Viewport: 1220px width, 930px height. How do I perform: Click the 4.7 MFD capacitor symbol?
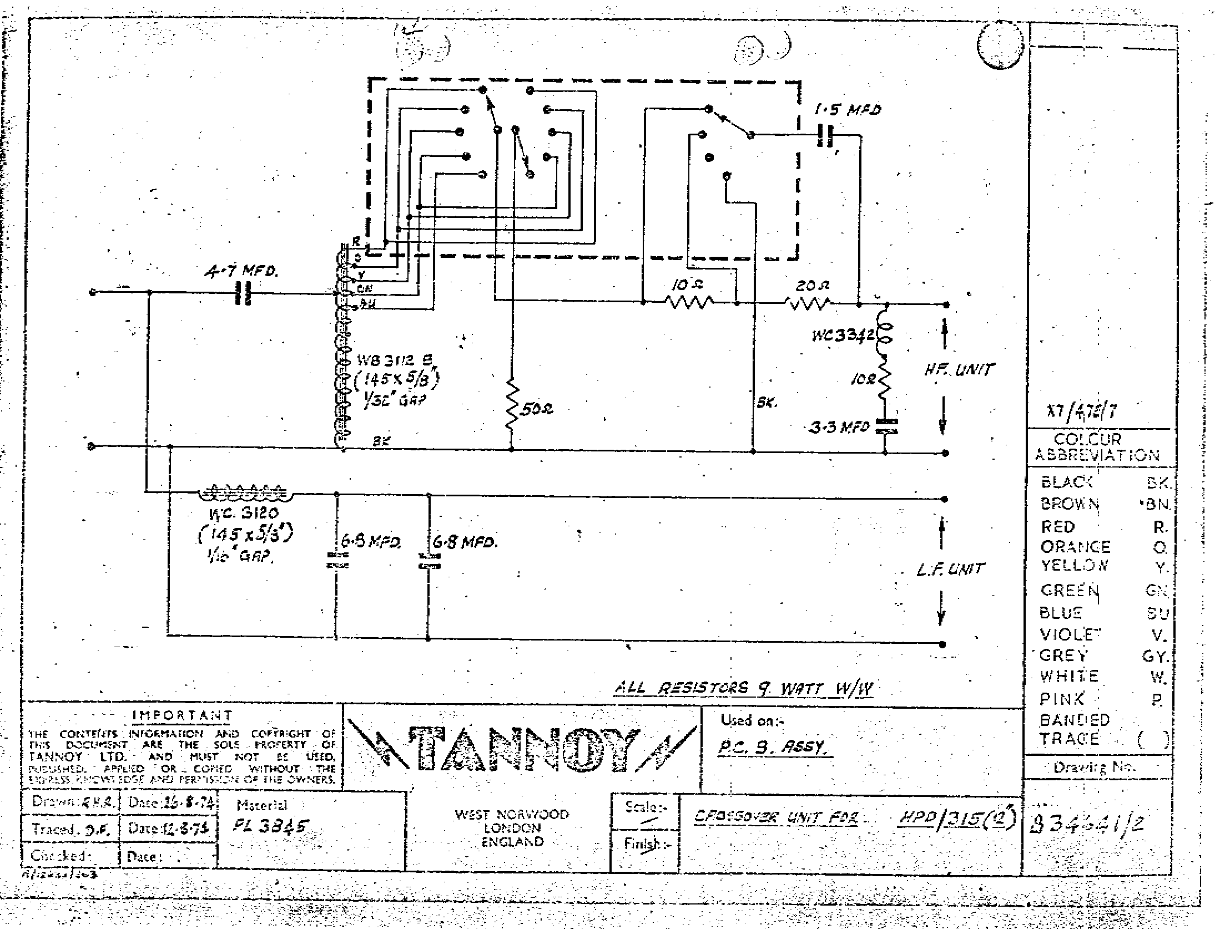click(x=244, y=293)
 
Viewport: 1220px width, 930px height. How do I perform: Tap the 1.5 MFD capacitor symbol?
click(x=826, y=135)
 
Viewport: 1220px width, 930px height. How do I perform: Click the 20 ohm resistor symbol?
click(x=808, y=304)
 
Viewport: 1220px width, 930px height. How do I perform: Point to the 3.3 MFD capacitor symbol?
click(x=886, y=426)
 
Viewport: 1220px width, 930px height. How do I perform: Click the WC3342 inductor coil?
click(x=884, y=334)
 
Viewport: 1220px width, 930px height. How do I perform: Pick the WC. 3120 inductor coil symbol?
click(x=245, y=492)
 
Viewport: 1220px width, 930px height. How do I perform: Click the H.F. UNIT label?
click(x=959, y=369)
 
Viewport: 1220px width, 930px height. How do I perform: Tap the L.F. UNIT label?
click(x=950, y=569)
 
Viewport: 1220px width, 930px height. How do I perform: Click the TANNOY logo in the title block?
click(x=522, y=750)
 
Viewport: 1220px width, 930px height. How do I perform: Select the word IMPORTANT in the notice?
click(x=182, y=715)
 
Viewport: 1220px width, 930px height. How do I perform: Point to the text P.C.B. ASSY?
click(x=775, y=749)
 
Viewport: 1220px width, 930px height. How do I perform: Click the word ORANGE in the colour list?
click(x=1075, y=547)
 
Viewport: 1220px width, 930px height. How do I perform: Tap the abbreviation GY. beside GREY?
click(x=1155, y=657)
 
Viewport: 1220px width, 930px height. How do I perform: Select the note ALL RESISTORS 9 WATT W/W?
click(x=744, y=689)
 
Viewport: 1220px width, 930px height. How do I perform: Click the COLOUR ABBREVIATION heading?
click(x=1097, y=448)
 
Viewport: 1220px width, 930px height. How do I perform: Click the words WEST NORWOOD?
click(x=512, y=815)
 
